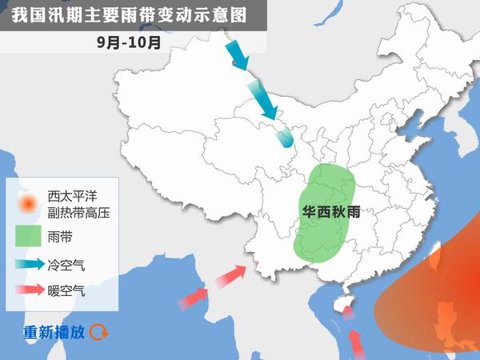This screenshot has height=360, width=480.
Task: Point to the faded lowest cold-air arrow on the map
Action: click(x=284, y=138)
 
